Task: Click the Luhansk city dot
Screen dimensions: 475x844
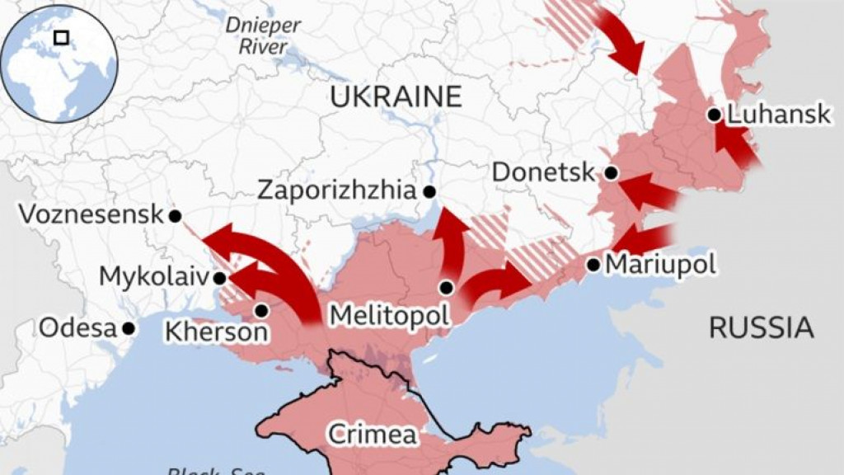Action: click(714, 115)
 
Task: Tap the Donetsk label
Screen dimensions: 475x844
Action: click(543, 172)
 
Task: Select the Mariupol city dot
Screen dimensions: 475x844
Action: click(593, 265)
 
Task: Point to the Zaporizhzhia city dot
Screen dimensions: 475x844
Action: click(429, 191)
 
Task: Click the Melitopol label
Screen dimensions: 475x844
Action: click(389, 315)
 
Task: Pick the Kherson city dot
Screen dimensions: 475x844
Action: click(261, 311)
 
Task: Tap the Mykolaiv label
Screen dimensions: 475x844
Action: click(154, 276)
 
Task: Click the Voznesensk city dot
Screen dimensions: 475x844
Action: click(175, 216)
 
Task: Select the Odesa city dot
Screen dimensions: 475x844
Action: click(129, 328)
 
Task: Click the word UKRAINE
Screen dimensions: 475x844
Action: click(396, 96)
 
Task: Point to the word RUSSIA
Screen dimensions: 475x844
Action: click(761, 328)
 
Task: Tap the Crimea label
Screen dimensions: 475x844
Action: click(372, 434)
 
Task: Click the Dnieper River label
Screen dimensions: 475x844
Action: click(263, 35)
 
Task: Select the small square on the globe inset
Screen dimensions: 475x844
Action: click(60, 37)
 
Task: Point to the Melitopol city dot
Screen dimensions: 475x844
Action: click(446, 288)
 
